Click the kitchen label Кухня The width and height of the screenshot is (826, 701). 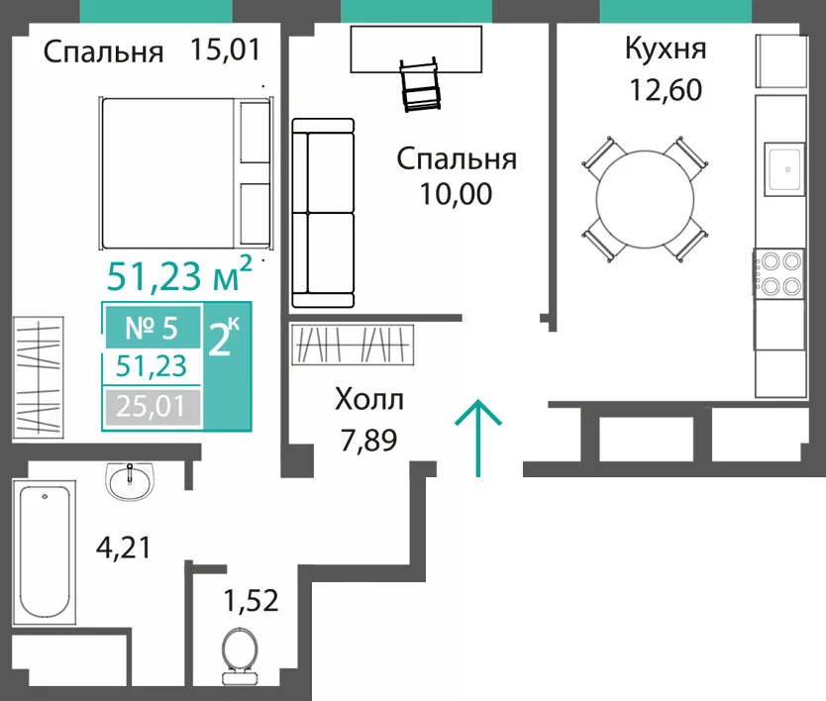(x=666, y=49)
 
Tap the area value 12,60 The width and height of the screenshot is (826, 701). (x=666, y=89)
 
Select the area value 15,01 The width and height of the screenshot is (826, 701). (x=226, y=50)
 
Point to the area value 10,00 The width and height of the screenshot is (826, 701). (x=457, y=194)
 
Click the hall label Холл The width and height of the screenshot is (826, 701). (x=369, y=400)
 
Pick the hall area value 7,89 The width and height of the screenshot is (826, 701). (x=368, y=441)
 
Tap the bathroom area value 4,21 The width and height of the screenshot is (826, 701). (x=124, y=548)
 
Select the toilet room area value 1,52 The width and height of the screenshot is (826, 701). (x=252, y=600)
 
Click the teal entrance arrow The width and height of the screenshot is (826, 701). (x=478, y=439)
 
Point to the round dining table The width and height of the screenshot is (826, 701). (x=645, y=199)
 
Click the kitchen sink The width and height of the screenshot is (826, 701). (x=785, y=169)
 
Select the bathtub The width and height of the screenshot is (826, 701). (x=45, y=551)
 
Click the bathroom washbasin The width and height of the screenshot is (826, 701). (x=130, y=480)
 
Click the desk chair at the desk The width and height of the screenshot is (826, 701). (x=420, y=84)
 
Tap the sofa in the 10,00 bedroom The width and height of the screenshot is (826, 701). (x=323, y=213)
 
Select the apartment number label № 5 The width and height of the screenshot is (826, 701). (x=152, y=328)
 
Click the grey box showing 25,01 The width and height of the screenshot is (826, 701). (x=152, y=407)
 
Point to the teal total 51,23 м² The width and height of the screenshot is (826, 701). (x=179, y=275)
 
